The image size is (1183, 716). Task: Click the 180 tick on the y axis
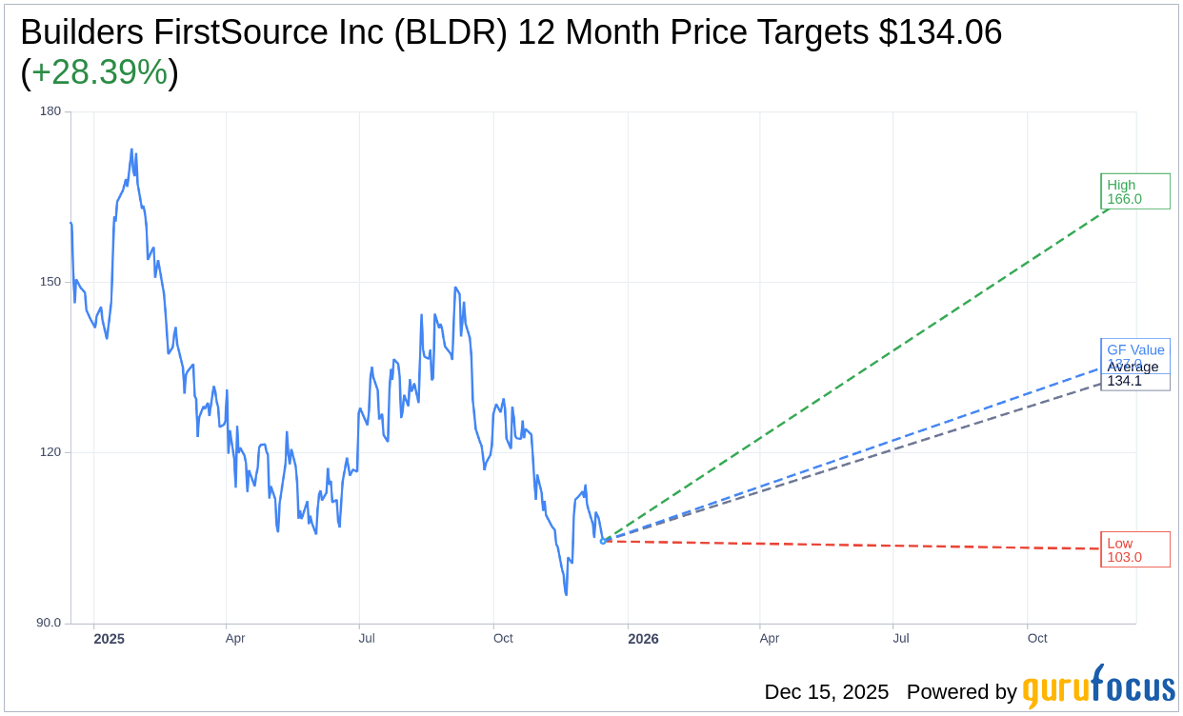click(x=50, y=111)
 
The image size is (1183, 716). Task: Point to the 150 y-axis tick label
click(x=50, y=282)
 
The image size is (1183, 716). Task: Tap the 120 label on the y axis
click(x=50, y=452)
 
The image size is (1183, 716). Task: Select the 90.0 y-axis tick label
click(x=48, y=623)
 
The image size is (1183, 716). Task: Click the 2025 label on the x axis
click(x=109, y=638)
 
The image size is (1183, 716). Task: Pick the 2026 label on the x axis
click(x=643, y=638)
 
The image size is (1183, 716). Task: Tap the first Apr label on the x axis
click(x=235, y=638)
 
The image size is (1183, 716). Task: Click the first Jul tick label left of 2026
click(x=368, y=638)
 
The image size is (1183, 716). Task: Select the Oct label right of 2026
click(x=1037, y=638)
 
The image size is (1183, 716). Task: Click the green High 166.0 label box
click(x=1134, y=191)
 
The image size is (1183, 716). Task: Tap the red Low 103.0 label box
click(x=1134, y=549)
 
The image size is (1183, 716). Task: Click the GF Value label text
click(x=1135, y=349)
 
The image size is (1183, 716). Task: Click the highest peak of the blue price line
click(x=131, y=149)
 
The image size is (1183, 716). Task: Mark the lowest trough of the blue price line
click(x=566, y=595)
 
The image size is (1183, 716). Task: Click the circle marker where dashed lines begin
click(x=602, y=541)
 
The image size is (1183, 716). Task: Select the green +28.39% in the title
click(x=99, y=72)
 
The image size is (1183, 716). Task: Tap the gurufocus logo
click(x=1098, y=687)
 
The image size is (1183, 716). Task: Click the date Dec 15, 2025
click(x=826, y=692)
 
